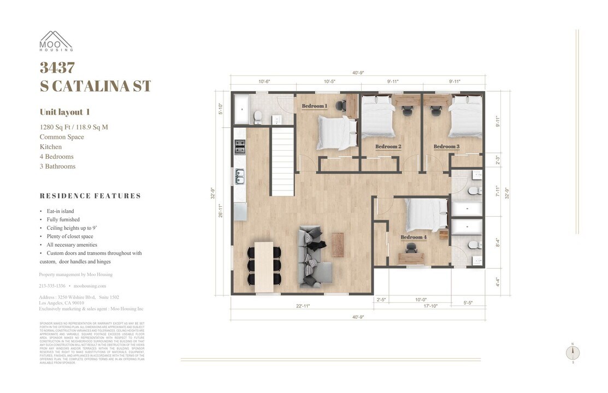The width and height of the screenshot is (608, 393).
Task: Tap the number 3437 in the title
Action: click(x=57, y=68)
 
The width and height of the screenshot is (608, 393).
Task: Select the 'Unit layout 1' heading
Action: click(x=65, y=112)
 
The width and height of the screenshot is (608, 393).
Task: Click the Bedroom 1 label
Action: click(x=315, y=106)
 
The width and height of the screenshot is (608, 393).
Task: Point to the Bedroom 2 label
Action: click(x=388, y=147)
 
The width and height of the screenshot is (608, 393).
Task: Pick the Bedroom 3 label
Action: click(x=446, y=146)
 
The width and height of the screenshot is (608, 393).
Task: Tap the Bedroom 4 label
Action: click(x=414, y=237)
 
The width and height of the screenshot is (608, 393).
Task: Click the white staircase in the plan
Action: click(x=283, y=162)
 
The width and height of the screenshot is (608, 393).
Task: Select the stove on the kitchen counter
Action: click(x=240, y=146)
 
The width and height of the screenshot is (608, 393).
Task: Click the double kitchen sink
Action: click(x=240, y=176)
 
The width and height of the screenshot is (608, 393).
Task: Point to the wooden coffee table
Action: click(x=338, y=244)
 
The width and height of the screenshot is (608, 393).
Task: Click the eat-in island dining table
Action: click(x=264, y=266)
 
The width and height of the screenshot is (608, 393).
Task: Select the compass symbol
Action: click(x=572, y=353)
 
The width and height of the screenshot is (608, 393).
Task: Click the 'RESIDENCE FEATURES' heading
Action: click(x=90, y=196)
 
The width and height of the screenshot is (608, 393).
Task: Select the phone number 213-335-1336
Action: click(x=52, y=286)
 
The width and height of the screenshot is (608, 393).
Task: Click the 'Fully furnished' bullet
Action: click(x=63, y=219)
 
